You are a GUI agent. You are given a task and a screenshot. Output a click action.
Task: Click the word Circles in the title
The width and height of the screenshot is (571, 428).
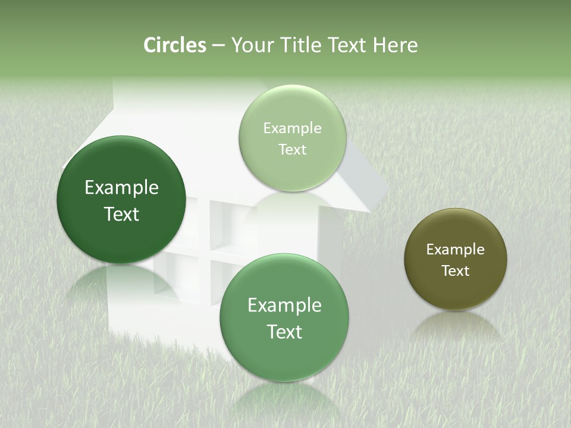pyautogui.click(x=175, y=45)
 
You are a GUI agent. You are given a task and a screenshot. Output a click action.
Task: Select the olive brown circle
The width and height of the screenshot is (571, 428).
pyautogui.click(x=456, y=285)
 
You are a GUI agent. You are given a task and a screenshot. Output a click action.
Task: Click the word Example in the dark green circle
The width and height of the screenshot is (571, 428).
pyautogui.click(x=121, y=188)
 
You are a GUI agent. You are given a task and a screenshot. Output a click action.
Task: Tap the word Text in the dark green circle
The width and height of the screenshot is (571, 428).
pyautogui.click(x=121, y=214)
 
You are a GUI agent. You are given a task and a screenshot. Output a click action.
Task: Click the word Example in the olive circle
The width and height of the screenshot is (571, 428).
pyautogui.click(x=456, y=250)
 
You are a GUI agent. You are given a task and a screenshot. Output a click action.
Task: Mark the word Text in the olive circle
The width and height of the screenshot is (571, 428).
pyautogui.click(x=456, y=271)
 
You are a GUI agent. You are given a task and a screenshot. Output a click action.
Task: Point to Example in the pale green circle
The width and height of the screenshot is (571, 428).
pyautogui.click(x=293, y=128)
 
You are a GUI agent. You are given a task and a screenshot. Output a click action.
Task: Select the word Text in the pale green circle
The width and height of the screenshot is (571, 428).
pyautogui.click(x=293, y=150)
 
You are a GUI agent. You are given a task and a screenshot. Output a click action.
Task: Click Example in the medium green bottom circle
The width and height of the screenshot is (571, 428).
pyautogui.click(x=284, y=306)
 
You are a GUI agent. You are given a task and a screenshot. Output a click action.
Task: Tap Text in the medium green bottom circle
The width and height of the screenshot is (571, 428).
pyautogui.click(x=284, y=332)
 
